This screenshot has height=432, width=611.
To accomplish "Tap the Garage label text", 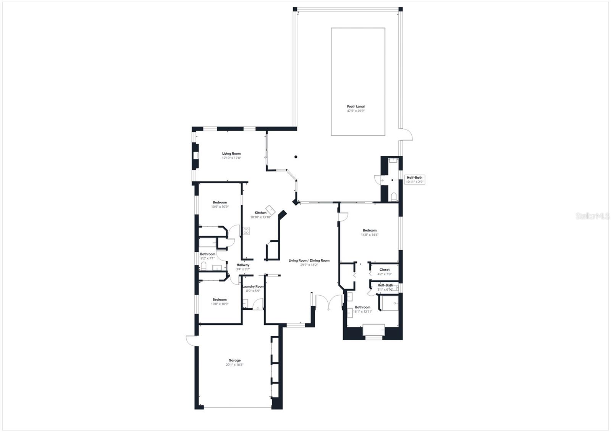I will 234,360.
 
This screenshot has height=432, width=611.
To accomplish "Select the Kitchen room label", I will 261,213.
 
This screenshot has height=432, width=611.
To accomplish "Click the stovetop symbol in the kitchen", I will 246,231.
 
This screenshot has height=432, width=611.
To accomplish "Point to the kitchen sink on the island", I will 270,209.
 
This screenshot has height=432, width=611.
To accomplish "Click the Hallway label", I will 243,265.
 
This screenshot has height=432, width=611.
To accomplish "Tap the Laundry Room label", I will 253,286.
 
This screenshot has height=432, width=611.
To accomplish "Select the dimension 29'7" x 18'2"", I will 309,265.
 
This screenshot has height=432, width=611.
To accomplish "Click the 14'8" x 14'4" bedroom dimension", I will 369,235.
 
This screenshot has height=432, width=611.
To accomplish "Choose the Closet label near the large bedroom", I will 385,270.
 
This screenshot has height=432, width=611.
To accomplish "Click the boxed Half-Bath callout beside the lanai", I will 414,180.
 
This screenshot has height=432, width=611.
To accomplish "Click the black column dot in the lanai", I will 296,156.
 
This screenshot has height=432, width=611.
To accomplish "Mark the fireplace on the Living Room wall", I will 196,155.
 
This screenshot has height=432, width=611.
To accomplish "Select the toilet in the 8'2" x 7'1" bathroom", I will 204,266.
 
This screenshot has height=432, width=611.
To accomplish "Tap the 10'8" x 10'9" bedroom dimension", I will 220,304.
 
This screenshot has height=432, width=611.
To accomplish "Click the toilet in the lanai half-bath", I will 394,197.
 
